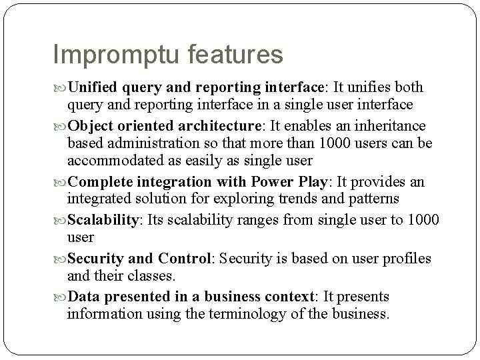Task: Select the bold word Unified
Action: (x=94, y=88)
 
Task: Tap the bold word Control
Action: (x=184, y=258)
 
